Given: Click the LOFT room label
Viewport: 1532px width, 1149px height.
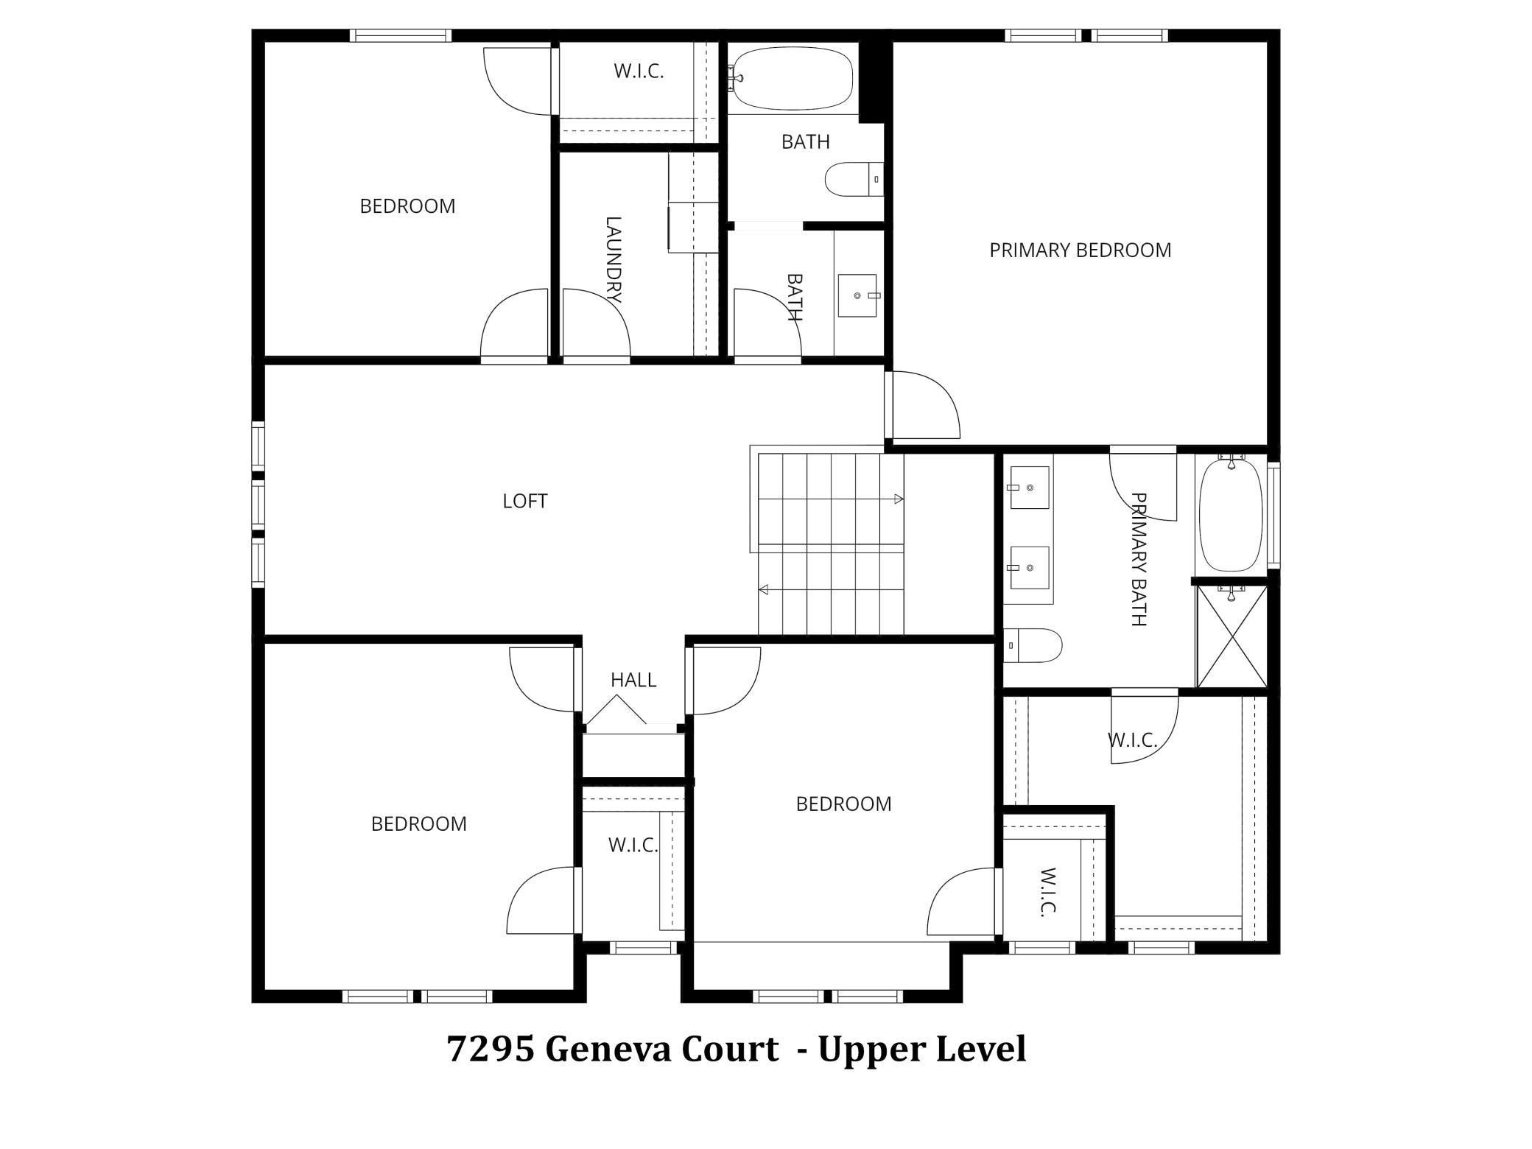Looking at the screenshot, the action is [524, 502].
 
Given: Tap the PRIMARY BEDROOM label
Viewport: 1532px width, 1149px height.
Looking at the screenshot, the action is [1080, 250].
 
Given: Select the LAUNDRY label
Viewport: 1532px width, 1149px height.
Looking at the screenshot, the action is [613, 259].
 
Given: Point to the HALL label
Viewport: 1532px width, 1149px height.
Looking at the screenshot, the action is [633, 680].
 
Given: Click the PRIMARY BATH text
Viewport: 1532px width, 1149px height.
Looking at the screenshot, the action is [1139, 560].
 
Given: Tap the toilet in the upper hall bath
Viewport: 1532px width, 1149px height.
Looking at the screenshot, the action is [854, 179].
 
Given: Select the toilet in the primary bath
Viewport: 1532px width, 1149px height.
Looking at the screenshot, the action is [1033, 646].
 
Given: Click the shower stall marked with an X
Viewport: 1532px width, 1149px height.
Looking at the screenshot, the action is [1231, 636].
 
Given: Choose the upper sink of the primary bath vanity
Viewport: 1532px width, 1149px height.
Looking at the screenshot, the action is [1029, 487].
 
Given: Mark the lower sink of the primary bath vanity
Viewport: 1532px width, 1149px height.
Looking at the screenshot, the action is [1029, 568].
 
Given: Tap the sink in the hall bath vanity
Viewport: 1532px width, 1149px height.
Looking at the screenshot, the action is [859, 295].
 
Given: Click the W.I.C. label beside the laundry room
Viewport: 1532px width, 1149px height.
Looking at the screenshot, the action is [639, 71].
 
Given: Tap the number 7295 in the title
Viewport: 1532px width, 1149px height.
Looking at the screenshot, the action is [491, 1050].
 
